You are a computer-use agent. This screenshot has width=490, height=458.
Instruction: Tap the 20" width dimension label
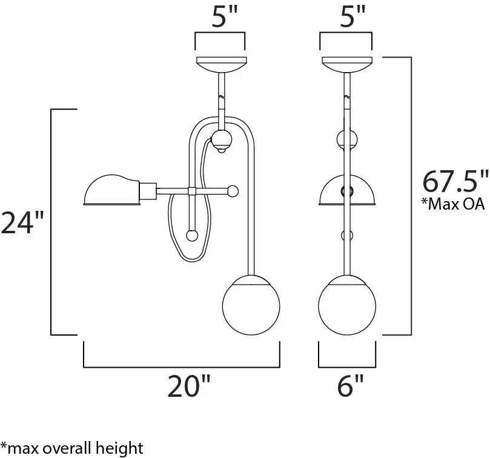(189, 386)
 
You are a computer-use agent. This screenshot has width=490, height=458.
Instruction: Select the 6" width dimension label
(350, 386)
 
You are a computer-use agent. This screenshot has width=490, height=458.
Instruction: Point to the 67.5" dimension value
(455, 181)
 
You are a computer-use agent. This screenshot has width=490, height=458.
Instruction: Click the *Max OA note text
(453, 204)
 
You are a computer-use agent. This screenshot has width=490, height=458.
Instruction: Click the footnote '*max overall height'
(72, 448)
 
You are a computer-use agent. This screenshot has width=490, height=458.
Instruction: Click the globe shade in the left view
(251, 305)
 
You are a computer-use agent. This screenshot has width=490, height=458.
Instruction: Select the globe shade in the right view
(347, 305)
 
